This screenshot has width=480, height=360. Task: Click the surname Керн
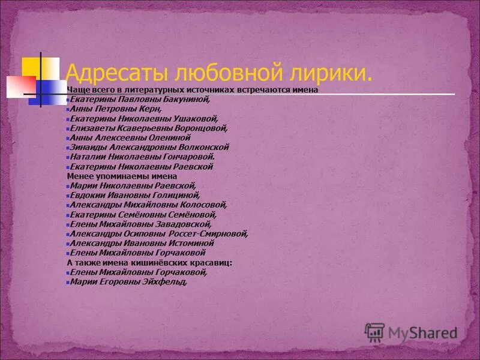pos(152,109)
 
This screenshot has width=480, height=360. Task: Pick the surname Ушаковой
pos(197,119)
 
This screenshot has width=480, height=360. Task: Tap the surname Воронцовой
pos(204,128)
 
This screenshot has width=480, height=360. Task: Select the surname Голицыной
pos(177,196)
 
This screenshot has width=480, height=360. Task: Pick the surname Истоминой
pos(193,244)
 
